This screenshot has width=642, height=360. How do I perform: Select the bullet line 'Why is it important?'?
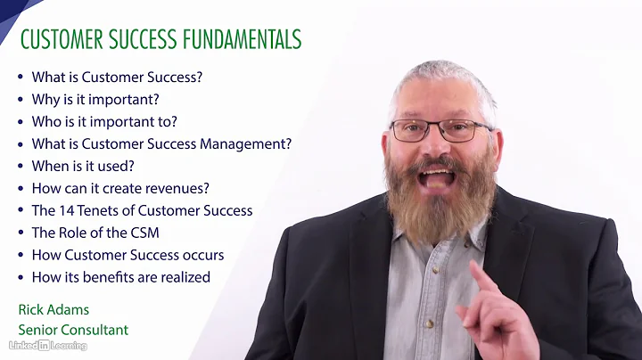(x=95, y=99)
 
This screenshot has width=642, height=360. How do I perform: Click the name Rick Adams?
(x=54, y=309)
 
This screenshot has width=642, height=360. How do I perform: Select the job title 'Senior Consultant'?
(x=73, y=330)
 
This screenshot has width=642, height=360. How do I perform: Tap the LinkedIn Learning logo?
(x=43, y=345)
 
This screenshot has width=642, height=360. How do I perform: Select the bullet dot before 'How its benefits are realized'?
(x=21, y=277)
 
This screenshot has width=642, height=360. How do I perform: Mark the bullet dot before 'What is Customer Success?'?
(x=21, y=78)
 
